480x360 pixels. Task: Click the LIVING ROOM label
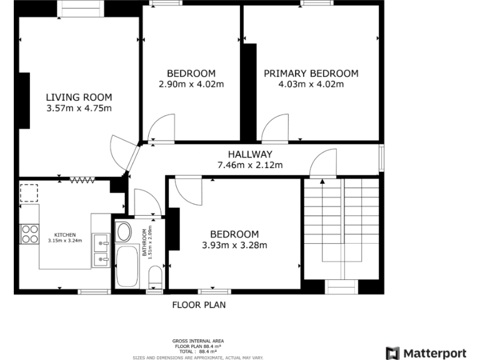click(x=79, y=97)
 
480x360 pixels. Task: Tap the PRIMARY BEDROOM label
click(x=311, y=73)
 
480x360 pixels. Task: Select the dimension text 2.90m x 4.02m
click(x=191, y=84)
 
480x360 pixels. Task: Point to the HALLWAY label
click(x=249, y=154)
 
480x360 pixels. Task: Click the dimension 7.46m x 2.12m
click(x=249, y=165)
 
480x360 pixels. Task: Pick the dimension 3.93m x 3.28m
click(x=234, y=245)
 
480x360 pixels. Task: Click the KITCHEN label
click(x=65, y=235)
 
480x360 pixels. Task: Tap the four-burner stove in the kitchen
click(x=29, y=234)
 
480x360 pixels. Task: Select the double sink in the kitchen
click(x=100, y=249)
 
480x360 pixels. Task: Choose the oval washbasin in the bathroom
click(x=124, y=232)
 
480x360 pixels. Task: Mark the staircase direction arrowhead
click(x=322, y=182)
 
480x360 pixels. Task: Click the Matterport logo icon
click(x=392, y=353)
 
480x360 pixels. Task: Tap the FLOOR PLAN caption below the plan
click(x=199, y=305)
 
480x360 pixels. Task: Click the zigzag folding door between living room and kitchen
click(x=81, y=180)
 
